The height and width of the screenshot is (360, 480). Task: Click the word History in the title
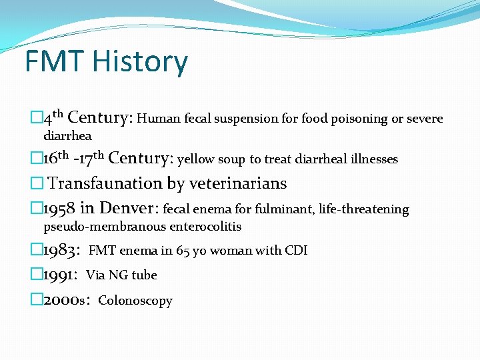(x=140, y=62)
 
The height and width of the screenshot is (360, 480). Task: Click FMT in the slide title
(x=55, y=62)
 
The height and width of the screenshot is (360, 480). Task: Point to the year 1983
(x=61, y=250)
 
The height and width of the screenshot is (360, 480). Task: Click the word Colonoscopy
(x=135, y=301)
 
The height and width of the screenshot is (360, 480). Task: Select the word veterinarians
(x=238, y=183)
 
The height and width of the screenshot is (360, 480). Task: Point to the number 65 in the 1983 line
(x=183, y=251)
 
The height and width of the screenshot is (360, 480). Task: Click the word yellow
(x=196, y=159)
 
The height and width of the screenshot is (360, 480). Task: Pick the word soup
(x=232, y=159)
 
